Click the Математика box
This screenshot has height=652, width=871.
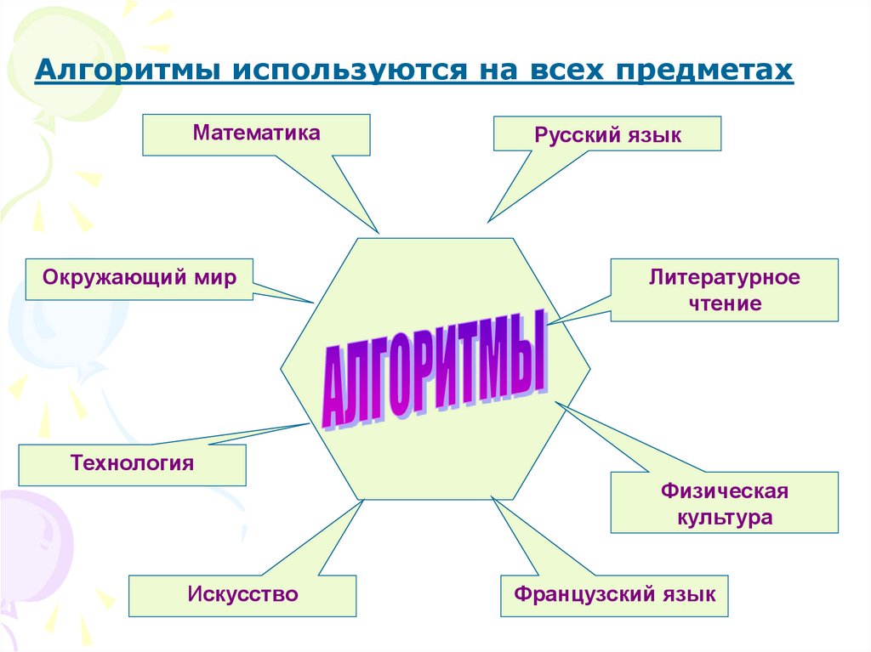click(x=256, y=134)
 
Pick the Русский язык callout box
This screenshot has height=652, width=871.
click(x=607, y=134)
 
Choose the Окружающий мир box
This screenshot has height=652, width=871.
click(x=139, y=278)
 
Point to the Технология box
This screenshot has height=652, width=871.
click(x=132, y=464)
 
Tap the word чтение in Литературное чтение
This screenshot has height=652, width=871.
click(x=725, y=303)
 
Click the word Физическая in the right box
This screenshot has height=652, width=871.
click(x=725, y=490)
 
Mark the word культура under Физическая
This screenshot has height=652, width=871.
click(x=725, y=518)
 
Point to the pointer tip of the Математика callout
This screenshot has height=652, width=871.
click(x=378, y=231)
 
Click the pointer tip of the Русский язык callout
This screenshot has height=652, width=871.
click(x=488, y=222)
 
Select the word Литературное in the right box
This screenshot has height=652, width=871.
click(x=725, y=277)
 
